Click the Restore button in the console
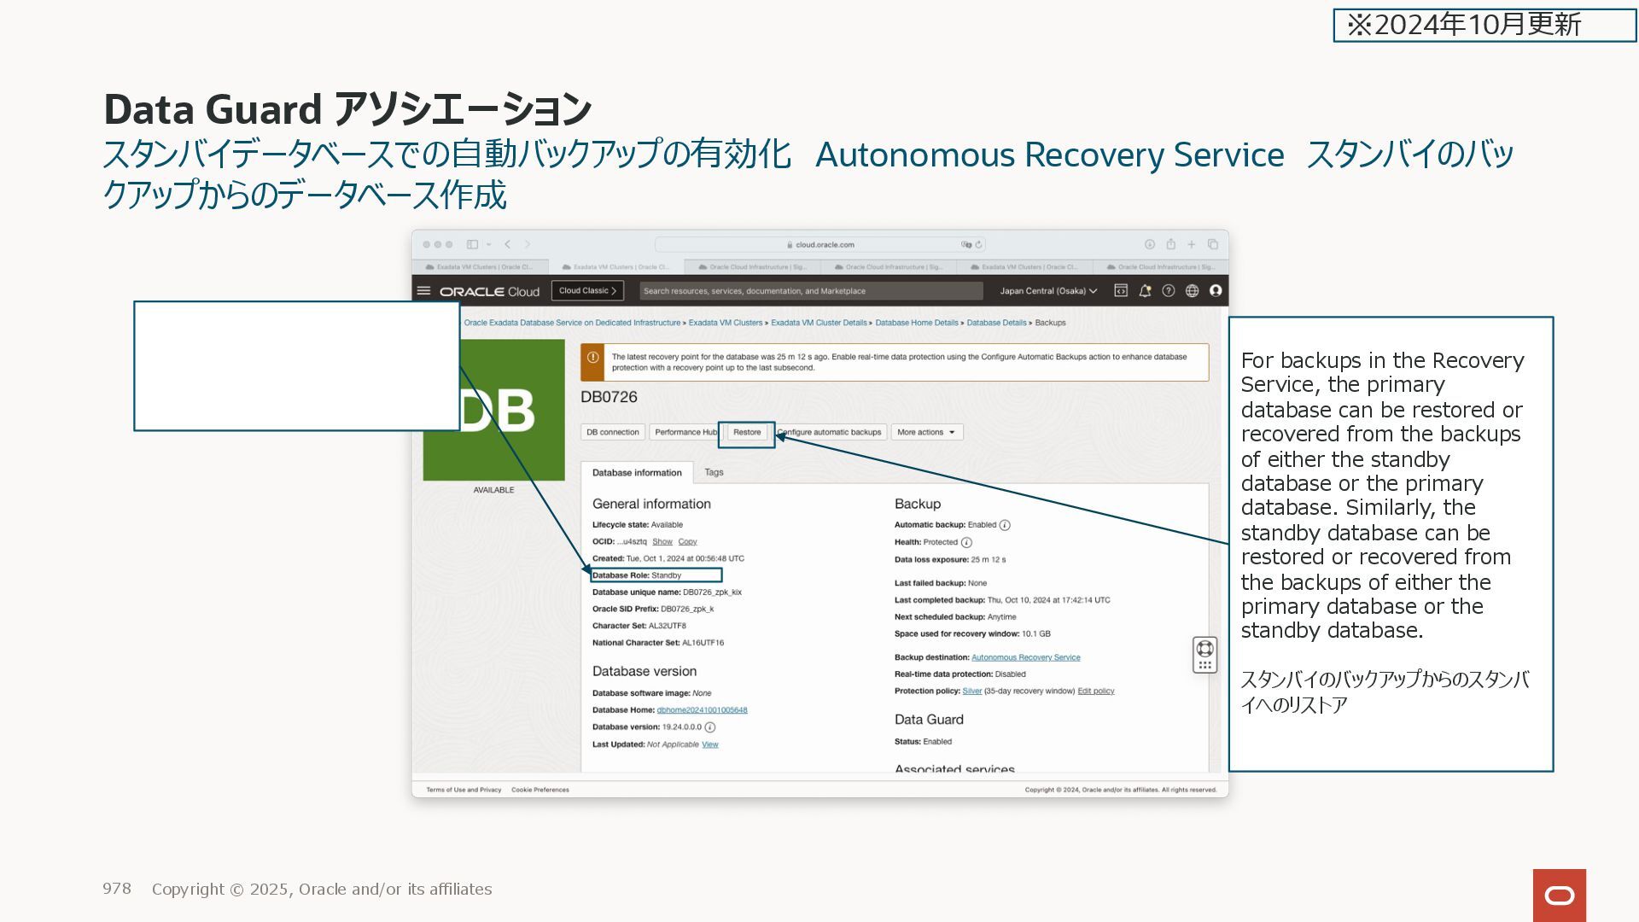tap(747, 433)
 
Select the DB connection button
tap(612, 433)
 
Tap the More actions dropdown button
tap(926, 433)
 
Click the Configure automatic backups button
tap(831, 433)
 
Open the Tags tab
tap(714, 472)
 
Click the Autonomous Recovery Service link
tap(1025, 657)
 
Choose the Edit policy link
tap(1095, 691)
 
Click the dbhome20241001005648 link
tap(702, 710)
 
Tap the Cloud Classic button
tap(587, 291)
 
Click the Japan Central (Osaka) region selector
tap(1047, 291)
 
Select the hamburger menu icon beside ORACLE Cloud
tap(423, 291)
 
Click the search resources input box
tap(810, 291)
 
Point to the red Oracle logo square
tap(1559, 895)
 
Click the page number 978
tap(117, 889)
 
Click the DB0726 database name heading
tap(609, 397)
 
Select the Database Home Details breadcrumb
tap(916, 323)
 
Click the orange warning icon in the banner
tap(592, 359)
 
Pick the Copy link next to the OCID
tap(687, 542)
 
